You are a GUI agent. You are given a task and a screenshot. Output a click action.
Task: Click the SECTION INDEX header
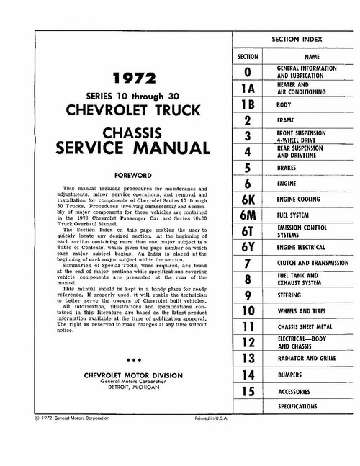coord(295,38)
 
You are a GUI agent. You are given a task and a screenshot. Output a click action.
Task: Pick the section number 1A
coord(248,89)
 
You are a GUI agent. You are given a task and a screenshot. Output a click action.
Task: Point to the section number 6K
coord(248,200)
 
